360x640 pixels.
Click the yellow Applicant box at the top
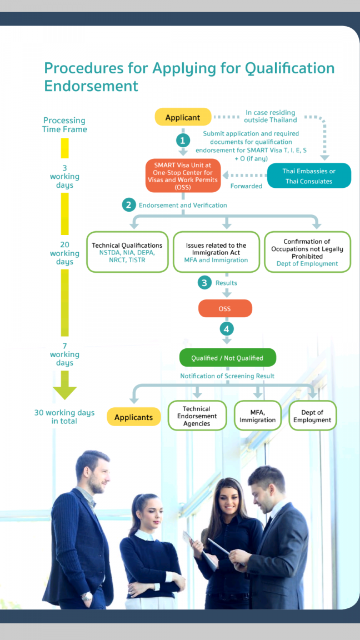point(183,117)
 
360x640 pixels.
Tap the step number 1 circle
point(183,141)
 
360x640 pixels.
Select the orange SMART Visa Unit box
point(183,175)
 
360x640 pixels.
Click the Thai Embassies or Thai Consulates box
point(309,176)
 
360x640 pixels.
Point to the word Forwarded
point(246,186)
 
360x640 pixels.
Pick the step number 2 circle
point(129,205)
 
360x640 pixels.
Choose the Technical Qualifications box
point(127,252)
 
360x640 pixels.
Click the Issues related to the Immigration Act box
point(216,252)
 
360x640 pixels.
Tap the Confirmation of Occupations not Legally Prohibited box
point(307,252)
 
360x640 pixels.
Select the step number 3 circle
point(204,282)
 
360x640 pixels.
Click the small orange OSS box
point(225,308)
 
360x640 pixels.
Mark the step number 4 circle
point(227,328)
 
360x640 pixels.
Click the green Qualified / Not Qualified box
point(227,358)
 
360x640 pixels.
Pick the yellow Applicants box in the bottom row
point(134,417)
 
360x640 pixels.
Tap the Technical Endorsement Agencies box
point(197,416)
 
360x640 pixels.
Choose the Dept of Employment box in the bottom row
point(313,416)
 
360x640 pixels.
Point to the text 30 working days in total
point(64,416)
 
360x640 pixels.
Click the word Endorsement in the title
point(91,86)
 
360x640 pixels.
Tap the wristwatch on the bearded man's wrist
point(87,596)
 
